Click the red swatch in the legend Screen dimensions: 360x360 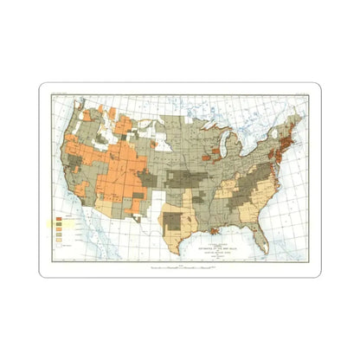(59, 215)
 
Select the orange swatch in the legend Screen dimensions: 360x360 (59, 222)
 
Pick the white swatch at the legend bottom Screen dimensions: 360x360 (59, 246)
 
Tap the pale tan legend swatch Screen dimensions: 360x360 (59, 240)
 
